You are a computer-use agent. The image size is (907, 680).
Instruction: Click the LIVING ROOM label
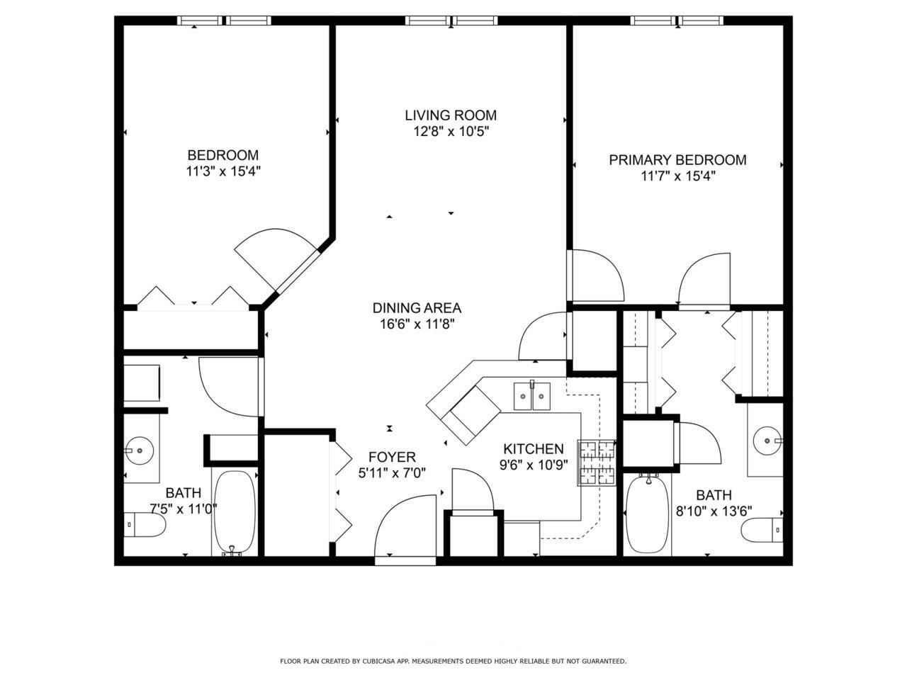450,115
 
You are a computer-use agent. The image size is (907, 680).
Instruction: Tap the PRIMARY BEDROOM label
677,160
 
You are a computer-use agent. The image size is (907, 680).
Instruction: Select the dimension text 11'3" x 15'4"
222,171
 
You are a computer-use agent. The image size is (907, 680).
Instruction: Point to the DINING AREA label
417,308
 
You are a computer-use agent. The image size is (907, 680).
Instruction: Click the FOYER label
392,457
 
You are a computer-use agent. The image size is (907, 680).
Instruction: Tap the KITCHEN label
533,448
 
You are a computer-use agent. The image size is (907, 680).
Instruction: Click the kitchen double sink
532,395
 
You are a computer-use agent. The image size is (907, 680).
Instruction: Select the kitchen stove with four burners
597,463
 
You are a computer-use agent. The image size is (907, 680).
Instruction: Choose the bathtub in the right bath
647,515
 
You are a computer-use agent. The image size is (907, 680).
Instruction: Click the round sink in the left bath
140,449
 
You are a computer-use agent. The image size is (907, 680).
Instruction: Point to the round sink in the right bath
767,441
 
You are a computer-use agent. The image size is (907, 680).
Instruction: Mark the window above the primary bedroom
678,21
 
